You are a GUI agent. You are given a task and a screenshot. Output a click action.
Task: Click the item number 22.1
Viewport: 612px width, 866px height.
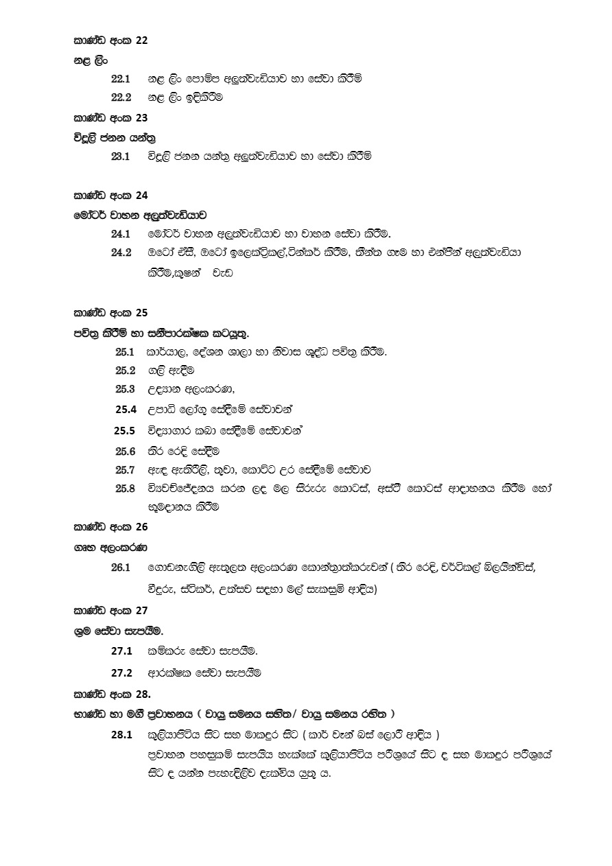(121, 79)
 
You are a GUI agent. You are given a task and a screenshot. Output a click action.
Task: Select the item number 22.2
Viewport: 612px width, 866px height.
(121, 97)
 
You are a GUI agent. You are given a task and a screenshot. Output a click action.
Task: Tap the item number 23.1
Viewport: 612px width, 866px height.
(121, 156)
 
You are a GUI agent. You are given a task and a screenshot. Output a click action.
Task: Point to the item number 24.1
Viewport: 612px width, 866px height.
(121, 234)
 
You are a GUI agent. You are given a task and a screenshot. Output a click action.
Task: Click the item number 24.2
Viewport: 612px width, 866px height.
(121, 253)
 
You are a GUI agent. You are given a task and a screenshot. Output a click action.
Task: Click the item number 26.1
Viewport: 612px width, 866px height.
(121, 567)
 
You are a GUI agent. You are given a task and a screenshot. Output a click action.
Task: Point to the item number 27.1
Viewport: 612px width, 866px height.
(121, 651)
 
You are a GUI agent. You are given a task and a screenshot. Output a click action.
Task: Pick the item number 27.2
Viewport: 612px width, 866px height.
(121, 672)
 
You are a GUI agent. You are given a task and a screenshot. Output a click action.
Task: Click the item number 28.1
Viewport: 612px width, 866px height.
(121, 735)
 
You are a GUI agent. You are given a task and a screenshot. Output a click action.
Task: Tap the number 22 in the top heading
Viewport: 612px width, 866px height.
(141, 40)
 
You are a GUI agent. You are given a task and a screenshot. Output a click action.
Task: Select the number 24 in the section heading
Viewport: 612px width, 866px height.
(141, 195)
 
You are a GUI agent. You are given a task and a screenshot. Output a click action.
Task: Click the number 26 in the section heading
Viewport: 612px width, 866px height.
(141, 527)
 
